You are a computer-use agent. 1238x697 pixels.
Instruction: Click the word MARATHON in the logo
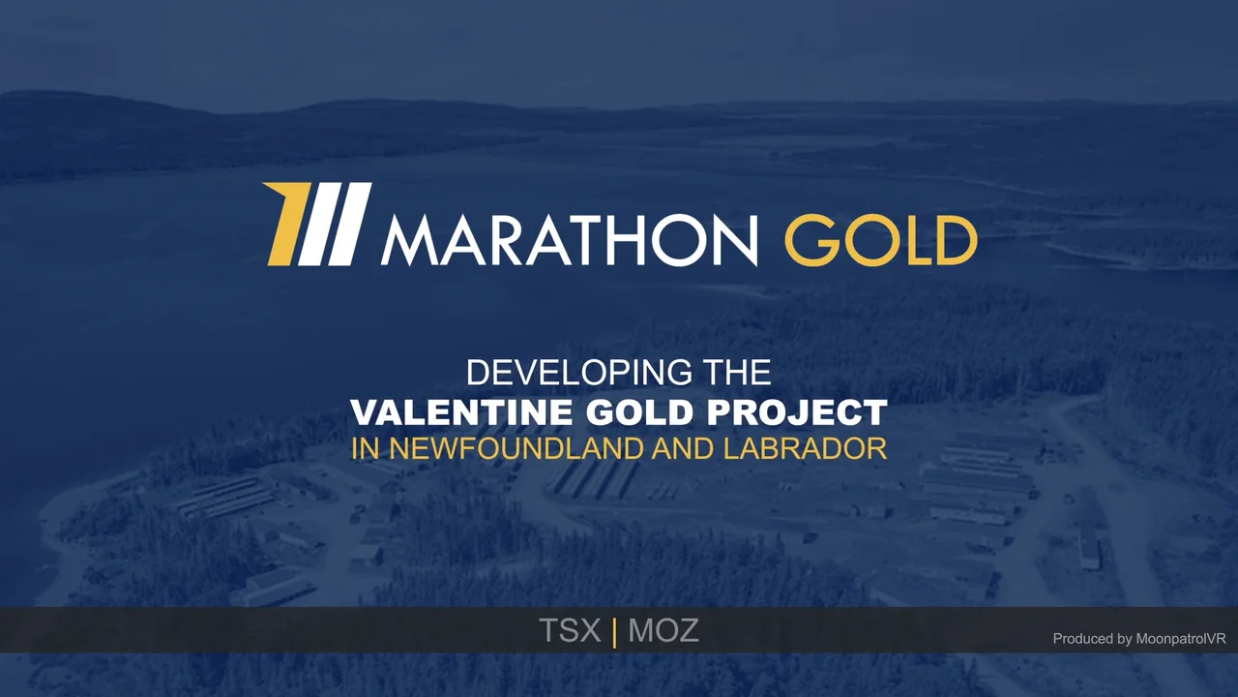pos(569,240)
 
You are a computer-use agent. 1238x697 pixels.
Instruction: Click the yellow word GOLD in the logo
pos(879,240)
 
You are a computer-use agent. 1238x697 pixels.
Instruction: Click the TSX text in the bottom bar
pos(570,631)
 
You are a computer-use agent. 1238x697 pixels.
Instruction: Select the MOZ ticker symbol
pos(663,631)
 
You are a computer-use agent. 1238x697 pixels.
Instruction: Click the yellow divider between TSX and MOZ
pos(615,632)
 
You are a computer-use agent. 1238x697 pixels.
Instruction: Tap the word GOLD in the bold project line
pos(639,412)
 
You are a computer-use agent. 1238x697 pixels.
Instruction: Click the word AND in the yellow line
pos(683,448)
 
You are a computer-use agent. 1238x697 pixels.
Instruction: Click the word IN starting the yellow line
pos(367,448)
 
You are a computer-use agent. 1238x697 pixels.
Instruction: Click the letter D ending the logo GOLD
pos(956,240)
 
